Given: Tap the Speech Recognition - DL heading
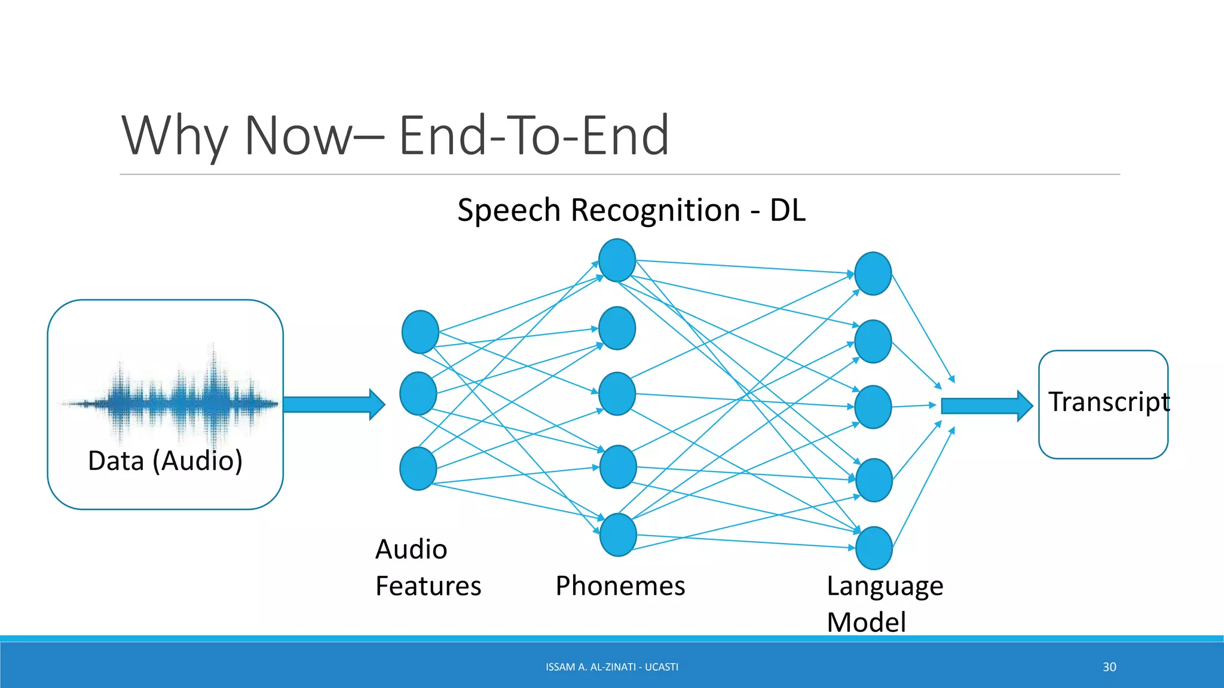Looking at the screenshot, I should point(631,210).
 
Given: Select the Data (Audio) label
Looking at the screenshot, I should point(165,460).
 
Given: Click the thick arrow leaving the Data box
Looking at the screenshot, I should point(333,404).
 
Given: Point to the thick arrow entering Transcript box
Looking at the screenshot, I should point(986,406).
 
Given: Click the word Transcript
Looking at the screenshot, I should point(1108,401).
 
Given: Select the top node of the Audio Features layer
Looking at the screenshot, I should point(420,332).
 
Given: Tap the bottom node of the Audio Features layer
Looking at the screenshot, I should point(418,468).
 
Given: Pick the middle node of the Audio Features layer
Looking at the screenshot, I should point(418,394).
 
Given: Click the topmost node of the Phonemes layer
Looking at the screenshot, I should point(617,260).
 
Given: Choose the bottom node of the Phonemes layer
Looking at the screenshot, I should point(617,535).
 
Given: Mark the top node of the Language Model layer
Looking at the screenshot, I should point(873,274).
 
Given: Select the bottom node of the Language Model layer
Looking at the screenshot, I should point(874,548).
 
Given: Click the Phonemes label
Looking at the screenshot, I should point(620,586).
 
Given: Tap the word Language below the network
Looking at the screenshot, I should point(885,586).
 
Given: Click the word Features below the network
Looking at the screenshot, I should point(428,586).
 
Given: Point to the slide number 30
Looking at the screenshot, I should point(1109,667).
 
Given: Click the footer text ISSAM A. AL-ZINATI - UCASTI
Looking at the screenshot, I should point(611,667).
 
